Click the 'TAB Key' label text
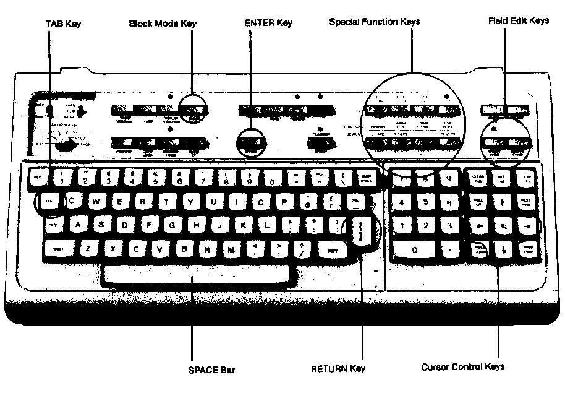(x=64, y=24)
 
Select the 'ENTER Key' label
(x=268, y=23)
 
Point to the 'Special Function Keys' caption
(x=375, y=22)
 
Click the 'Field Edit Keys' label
(x=518, y=20)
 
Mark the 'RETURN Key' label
(x=338, y=369)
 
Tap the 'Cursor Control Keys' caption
(x=463, y=366)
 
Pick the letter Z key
(x=88, y=249)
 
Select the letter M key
(x=231, y=249)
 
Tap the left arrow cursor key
(x=479, y=227)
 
